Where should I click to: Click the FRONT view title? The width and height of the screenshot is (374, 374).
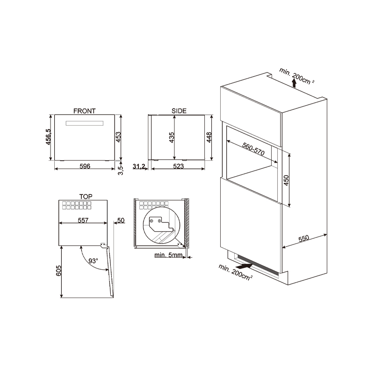click(85, 111)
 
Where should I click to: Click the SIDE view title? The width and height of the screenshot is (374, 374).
click(179, 111)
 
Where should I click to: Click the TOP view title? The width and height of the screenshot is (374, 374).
click(86, 196)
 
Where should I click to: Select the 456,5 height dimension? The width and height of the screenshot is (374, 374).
click(49, 137)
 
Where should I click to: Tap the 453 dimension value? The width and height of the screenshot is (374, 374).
click(118, 137)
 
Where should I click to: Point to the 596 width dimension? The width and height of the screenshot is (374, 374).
click(85, 166)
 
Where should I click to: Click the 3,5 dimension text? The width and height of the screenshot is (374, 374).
click(121, 170)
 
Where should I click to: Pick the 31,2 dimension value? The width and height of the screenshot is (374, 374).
click(139, 166)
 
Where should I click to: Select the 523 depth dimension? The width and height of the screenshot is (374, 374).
click(179, 166)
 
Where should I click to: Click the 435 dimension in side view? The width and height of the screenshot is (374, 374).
click(172, 137)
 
